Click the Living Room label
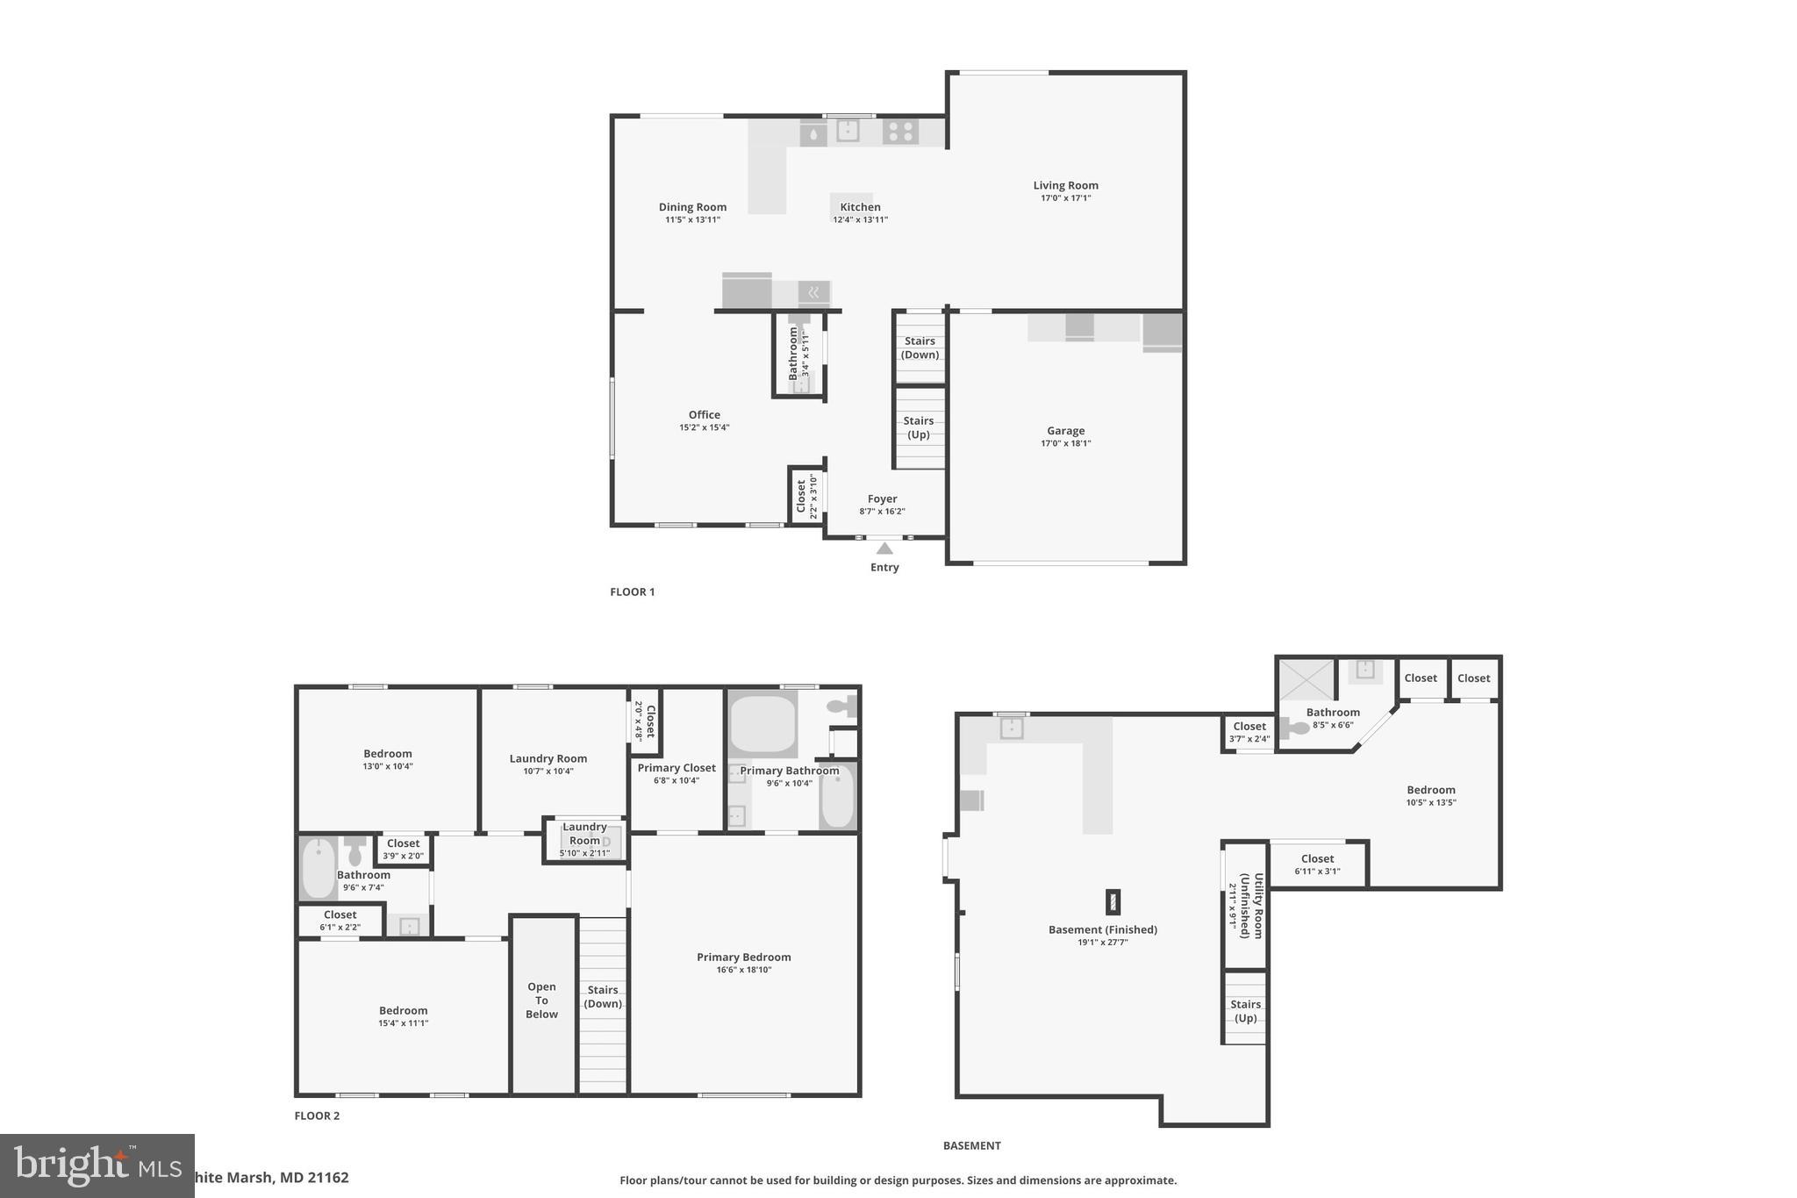pos(1065,185)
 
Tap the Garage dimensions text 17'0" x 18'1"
pos(1065,443)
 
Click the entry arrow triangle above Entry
pos(884,549)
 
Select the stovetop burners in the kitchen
pos(900,132)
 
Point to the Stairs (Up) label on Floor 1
pos(919,427)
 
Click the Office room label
pos(704,415)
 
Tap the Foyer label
pos(882,499)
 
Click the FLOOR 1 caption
pos(632,592)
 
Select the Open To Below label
pos(541,1001)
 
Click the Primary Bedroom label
pos(743,958)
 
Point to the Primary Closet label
pos(676,768)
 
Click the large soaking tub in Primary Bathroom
pos(762,723)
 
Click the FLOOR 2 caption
pos(316,1116)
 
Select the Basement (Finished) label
pos(1102,929)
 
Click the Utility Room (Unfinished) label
pos(1251,906)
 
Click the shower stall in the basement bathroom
pos(1305,680)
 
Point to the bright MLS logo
pos(97,1166)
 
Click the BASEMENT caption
pos(971,1145)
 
